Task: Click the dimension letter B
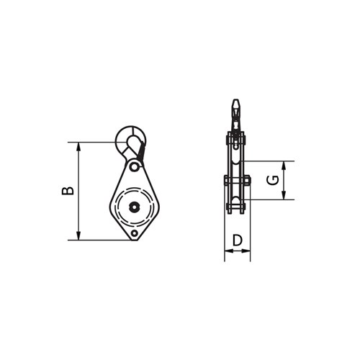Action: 67,190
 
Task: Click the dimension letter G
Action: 272,180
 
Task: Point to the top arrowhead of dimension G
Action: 286,165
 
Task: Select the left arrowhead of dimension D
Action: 228,251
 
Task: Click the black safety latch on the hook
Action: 140,152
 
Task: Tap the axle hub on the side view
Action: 237,181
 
